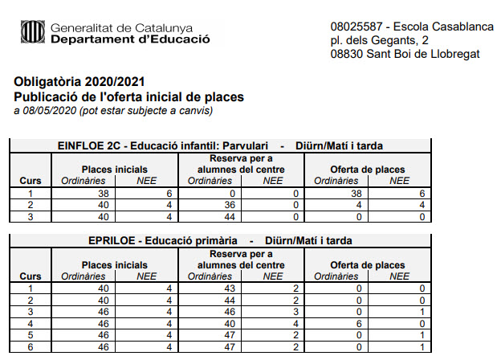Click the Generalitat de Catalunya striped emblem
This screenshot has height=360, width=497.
point(32,31)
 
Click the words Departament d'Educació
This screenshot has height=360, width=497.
point(129,39)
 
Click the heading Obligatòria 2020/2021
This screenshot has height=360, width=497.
point(80,83)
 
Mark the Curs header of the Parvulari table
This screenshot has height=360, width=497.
point(31,181)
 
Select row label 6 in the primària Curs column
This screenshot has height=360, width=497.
point(31,347)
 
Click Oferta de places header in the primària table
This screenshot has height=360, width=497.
point(368,264)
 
